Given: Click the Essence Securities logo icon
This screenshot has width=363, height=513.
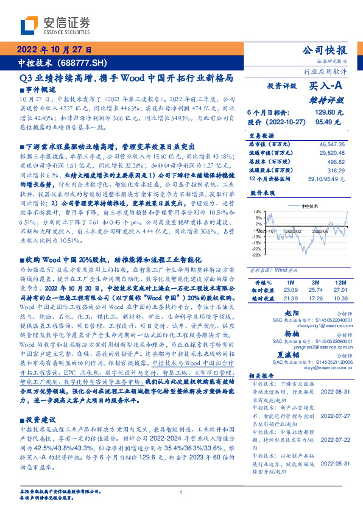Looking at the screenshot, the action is [29, 25].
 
